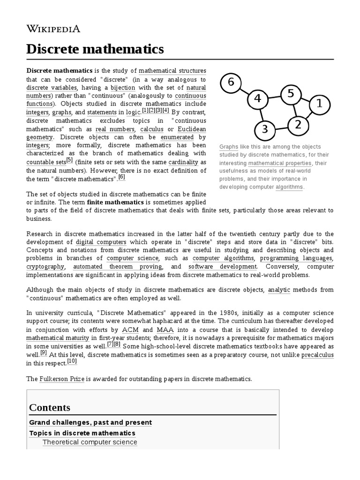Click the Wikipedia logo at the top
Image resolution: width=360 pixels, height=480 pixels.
point(53,29)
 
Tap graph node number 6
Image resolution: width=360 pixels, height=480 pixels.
point(231,82)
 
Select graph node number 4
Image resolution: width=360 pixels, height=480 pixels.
point(257,99)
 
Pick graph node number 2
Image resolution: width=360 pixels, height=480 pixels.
point(297,125)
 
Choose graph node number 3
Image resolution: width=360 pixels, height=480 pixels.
point(264,129)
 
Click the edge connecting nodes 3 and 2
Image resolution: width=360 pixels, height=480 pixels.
point(281,127)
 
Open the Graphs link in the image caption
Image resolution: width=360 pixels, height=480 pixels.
point(228,147)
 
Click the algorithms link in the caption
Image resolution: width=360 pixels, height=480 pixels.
point(289,187)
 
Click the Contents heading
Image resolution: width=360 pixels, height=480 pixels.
point(50,407)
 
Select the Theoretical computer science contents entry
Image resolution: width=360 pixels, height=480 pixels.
point(90,442)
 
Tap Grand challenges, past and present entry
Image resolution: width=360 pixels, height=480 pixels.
point(90,422)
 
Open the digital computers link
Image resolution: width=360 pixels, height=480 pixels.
point(101,242)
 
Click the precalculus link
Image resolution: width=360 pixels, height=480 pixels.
point(317,355)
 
